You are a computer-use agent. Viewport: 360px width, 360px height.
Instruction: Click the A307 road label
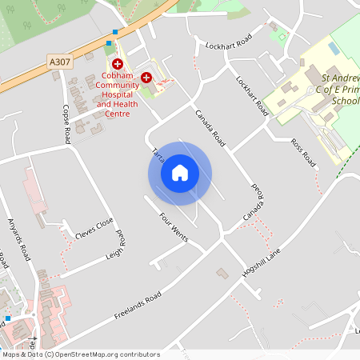click(x=58, y=62)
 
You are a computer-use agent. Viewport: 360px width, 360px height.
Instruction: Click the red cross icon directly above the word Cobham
click(x=117, y=62)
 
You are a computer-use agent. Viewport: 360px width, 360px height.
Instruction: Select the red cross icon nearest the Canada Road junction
click(x=146, y=77)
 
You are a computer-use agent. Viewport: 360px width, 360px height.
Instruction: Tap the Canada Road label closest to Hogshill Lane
click(x=254, y=203)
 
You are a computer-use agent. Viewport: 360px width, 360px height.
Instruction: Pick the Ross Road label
click(x=304, y=152)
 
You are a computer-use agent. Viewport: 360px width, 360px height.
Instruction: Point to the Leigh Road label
click(x=115, y=247)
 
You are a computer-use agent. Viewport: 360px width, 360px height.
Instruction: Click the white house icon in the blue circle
click(x=180, y=173)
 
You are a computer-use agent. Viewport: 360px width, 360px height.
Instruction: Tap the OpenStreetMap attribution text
click(x=80, y=354)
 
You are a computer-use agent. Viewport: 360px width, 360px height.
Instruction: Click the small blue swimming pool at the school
click(x=333, y=48)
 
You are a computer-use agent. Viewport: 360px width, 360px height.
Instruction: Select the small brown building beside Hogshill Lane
click(x=222, y=274)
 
